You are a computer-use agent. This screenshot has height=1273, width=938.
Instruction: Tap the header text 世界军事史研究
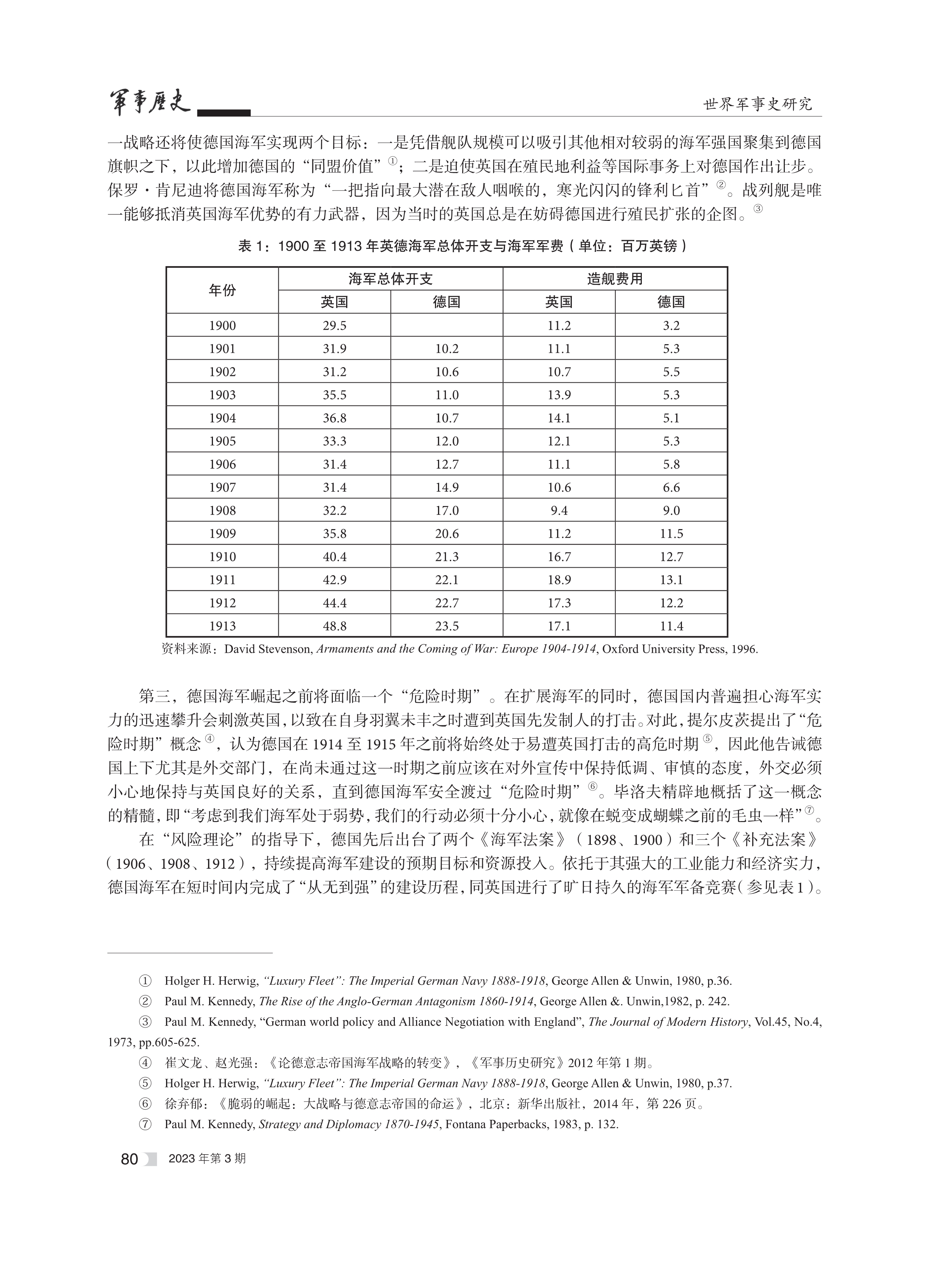[x=758, y=104]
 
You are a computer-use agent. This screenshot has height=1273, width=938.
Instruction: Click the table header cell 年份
[x=222, y=290]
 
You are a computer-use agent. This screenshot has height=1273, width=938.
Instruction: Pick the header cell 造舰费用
[x=615, y=279]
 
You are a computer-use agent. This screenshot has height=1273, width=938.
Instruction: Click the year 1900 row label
[x=222, y=325]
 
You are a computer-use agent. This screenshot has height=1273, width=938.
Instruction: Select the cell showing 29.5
[x=334, y=325]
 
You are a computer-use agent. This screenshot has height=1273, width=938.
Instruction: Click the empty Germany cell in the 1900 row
[x=446, y=325]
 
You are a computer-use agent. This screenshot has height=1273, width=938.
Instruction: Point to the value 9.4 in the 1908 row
[x=559, y=511]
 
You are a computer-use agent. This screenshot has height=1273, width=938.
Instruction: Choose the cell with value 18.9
[x=559, y=580]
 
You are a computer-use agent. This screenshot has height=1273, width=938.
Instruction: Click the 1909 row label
[x=222, y=534]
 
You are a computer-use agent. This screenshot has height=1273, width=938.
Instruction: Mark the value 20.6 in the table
[x=446, y=534]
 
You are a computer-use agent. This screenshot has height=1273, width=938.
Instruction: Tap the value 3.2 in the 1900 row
[x=671, y=325]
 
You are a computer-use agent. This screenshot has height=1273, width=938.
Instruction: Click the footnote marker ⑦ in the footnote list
[x=145, y=1124]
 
